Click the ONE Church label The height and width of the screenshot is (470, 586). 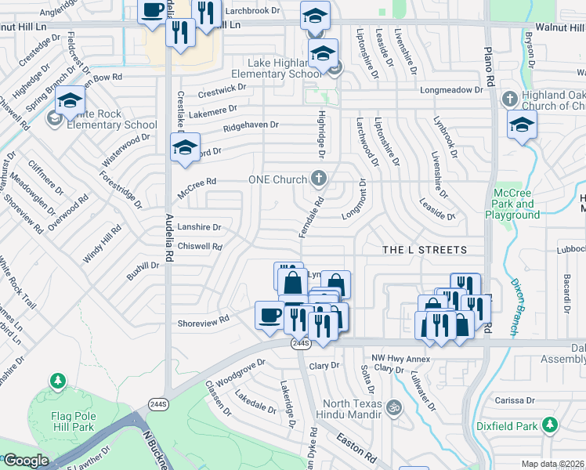click(x=278, y=179)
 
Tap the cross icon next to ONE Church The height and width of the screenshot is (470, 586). click(x=318, y=179)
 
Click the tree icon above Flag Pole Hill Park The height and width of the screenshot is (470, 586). click(x=57, y=381)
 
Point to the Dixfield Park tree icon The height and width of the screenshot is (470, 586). click(x=551, y=425)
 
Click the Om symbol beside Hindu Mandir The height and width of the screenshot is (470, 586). click(x=395, y=407)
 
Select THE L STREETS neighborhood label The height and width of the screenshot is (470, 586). click(x=424, y=250)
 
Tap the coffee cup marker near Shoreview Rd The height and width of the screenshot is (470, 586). click(x=269, y=315)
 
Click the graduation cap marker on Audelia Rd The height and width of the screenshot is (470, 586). click(x=185, y=147)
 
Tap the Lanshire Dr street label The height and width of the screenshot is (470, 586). click(x=201, y=227)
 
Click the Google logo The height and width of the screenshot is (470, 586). click(x=26, y=461)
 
